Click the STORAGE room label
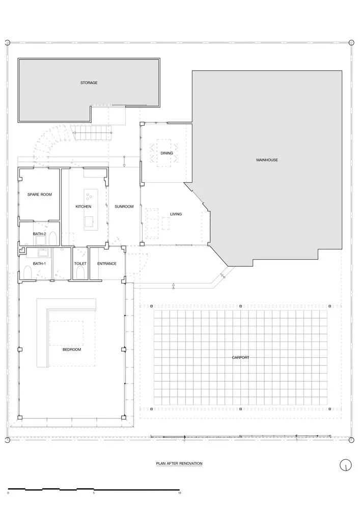click(x=89, y=82)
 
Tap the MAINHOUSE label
click(x=267, y=160)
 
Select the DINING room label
click(x=167, y=153)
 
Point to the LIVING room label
click(x=176, y=214)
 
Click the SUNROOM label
click(x=124, y=206)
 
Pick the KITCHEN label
click(x=83, y=206)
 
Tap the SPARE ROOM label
click(x=39, y=194)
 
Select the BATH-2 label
click(x=39, y=234)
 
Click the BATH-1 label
click(x=39, y=263)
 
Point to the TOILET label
click(x=80, y=263)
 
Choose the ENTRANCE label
click(x=107, y=263)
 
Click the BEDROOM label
click(x=72, y=350)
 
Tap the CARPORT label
click(x=240, y=357)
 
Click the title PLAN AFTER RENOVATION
click(x=179, y=464)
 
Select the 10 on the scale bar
click(x=179, y=493)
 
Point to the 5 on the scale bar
click(x=94, y=493)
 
